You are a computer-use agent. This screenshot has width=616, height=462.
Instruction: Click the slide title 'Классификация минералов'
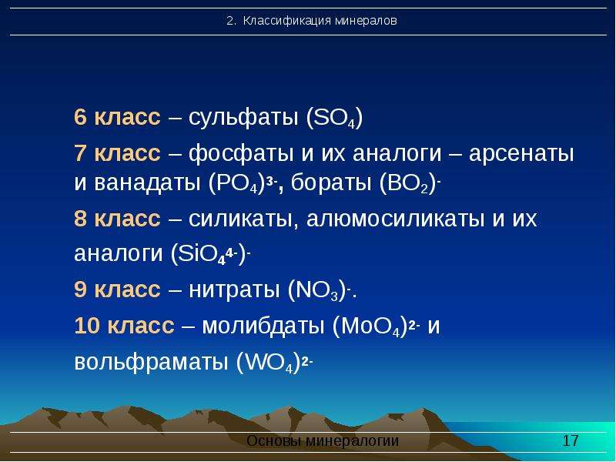[320, 21]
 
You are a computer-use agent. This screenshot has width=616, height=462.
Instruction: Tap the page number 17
[571, 440]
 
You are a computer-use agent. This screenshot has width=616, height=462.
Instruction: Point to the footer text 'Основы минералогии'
[323, 440]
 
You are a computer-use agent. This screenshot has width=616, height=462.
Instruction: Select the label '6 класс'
[117, 117]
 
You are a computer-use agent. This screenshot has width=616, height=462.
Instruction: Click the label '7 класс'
[117, 152]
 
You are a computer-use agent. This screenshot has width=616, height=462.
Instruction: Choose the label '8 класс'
[117, 219]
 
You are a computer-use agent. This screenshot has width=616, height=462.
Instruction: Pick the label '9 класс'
[117, 290]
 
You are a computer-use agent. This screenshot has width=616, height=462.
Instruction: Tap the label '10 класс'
[124, 325]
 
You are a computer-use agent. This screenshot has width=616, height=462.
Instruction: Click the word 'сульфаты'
[243, 117]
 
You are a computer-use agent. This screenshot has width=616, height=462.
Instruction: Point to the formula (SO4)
[334, 118]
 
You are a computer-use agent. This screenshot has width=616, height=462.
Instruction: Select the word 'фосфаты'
[241, 152]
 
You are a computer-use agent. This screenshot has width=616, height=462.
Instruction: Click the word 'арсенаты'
[521, 153]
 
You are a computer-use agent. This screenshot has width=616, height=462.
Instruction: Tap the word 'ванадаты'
[147, 182]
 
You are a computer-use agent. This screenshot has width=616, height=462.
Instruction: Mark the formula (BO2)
[410, 183]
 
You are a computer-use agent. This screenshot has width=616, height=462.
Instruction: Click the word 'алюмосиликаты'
[395, 219]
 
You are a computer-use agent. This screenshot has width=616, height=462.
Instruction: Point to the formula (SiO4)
[210, 253]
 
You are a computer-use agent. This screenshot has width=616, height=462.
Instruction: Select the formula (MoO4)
[376, 326]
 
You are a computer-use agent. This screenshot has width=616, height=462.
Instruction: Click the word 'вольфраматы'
[151, 362]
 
